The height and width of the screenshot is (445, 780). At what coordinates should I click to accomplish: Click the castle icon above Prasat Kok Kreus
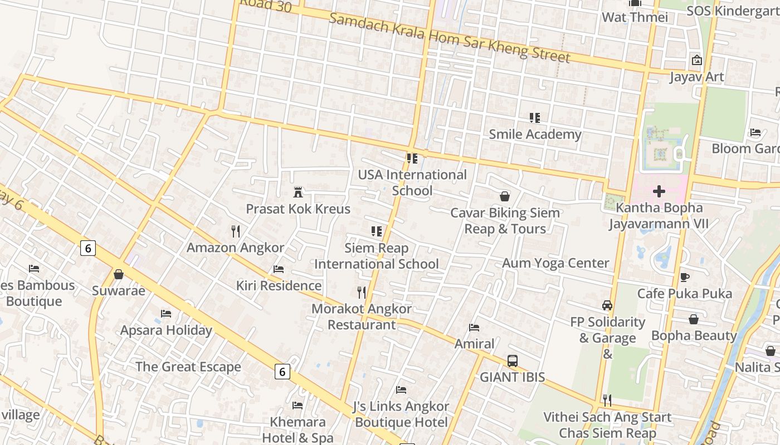298,192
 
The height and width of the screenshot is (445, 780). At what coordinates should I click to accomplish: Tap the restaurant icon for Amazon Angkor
236,231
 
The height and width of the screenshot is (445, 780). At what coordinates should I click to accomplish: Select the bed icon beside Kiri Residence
279,269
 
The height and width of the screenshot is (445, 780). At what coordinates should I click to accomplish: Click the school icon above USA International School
412,159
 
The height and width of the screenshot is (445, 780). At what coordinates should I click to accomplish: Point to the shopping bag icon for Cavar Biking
505,196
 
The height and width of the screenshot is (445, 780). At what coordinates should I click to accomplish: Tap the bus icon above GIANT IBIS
513,360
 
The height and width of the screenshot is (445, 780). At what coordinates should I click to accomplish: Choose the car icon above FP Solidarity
607,305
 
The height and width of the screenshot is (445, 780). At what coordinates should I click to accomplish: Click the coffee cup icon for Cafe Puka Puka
685,276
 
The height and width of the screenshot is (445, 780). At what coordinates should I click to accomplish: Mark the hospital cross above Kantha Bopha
659,191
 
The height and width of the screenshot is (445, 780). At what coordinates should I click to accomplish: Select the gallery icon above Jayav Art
696,60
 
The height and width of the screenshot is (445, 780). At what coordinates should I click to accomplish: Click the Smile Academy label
535,134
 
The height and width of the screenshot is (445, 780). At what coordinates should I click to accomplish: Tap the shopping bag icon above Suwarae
119,274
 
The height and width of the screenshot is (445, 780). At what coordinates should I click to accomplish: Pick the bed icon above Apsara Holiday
166,314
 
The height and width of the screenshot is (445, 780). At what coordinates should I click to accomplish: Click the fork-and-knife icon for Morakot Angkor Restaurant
362,292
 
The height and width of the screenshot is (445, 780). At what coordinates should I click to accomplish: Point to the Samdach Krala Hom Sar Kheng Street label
450,38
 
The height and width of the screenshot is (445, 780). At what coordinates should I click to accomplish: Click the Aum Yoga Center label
555,263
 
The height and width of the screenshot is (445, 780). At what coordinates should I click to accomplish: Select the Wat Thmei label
635,17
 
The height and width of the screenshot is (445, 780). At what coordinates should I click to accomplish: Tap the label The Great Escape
188,367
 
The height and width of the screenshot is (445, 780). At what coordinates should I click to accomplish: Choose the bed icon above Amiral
474,327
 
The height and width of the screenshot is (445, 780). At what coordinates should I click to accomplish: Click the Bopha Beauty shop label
694,335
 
